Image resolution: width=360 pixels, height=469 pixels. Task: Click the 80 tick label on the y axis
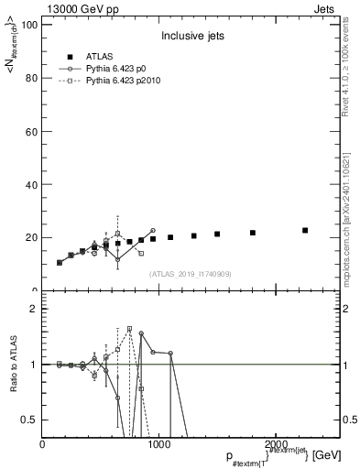pos(32,78)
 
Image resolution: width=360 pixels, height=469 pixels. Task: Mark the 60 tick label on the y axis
pos(32,131)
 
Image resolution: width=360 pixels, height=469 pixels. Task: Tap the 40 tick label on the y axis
pos(32,184)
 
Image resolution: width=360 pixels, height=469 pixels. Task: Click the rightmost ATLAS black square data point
pos(305,230)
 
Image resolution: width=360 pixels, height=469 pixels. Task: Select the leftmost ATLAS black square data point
pos(60,262)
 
